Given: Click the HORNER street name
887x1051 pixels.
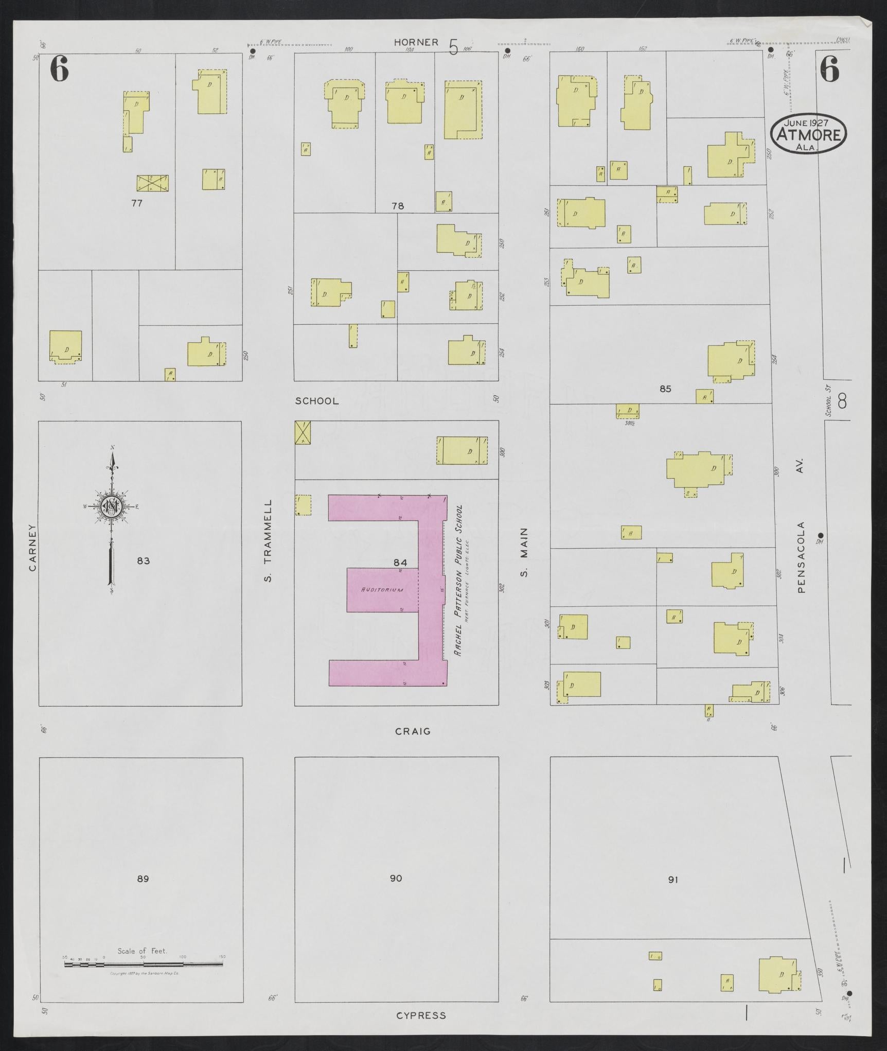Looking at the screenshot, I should click(416, 42).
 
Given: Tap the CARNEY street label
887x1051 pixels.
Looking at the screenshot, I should click(32, 547).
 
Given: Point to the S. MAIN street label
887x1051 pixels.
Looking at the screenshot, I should click(524, 552).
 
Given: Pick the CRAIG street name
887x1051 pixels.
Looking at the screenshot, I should click(413, 731).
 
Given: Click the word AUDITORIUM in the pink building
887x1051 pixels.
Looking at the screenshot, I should click(382, 590).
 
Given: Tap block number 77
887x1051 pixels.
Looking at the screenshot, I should click(136, 203).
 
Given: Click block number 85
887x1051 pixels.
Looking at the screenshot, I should click(665, 389).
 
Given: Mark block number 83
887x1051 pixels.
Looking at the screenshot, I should click(143, 560).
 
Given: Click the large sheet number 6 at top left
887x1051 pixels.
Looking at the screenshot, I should click(59, 69).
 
